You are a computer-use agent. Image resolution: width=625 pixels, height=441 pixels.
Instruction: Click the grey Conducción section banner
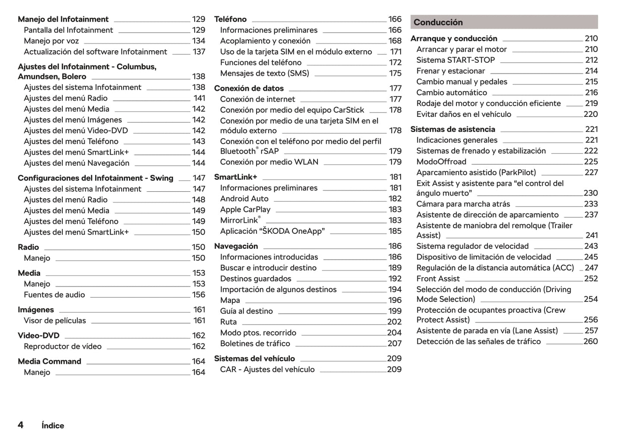coord(504,22)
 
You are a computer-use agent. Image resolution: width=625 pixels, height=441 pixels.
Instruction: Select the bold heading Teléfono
coord(230,19)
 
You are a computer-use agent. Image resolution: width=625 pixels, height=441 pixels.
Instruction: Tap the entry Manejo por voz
coord(51,41)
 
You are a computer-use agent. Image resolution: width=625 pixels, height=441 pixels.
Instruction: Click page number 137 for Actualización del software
coord(199,52)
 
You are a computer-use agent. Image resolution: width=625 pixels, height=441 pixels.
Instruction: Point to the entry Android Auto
coord(244,199)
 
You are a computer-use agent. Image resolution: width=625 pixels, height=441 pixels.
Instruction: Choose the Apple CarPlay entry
coord(245,209)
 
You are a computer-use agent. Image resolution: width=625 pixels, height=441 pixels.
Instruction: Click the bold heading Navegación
coord(236,246)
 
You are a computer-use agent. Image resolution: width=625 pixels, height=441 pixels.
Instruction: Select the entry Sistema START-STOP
coord(455,60)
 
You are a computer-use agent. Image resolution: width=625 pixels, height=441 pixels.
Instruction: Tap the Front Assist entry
coord(438,279)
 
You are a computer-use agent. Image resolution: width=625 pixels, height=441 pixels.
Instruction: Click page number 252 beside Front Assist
coord(591,279)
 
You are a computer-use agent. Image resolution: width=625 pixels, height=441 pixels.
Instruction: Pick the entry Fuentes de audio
coord(54,295)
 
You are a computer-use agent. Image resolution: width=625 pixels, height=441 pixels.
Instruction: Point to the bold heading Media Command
coord(49,361)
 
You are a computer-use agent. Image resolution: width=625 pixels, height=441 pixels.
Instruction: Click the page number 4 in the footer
coord(20,425)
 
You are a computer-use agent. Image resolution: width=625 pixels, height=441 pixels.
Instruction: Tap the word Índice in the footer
coord(53,425)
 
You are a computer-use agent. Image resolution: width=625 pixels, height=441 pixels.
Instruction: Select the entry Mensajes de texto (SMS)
coord(264,73)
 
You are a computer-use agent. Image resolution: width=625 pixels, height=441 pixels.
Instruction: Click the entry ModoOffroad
coord(441,162)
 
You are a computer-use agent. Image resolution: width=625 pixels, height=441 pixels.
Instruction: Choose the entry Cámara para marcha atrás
coord(463,204)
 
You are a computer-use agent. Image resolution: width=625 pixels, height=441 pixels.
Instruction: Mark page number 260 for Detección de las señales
coord(590,341)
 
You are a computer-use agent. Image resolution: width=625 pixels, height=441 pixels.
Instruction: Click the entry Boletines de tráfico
coord(255,344)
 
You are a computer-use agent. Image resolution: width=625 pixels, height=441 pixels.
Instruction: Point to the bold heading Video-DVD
coord(38,335)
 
